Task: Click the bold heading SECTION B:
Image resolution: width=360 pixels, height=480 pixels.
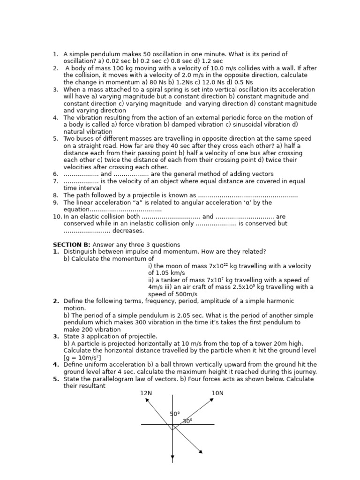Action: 72,245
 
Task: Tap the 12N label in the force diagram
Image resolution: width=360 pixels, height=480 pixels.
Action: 146,393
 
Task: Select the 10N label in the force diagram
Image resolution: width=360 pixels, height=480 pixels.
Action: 217,393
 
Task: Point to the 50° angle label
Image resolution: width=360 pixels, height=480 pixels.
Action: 174,414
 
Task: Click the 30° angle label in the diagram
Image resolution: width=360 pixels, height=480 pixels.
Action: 187,421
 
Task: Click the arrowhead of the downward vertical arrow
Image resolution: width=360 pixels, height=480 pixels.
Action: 172,457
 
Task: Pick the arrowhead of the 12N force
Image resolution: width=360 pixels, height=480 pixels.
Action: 147,400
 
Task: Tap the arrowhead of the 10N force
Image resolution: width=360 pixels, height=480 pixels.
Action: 212,400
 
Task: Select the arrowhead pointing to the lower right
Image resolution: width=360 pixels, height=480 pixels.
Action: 201,452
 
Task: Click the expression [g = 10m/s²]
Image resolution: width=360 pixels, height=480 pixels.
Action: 82,358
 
